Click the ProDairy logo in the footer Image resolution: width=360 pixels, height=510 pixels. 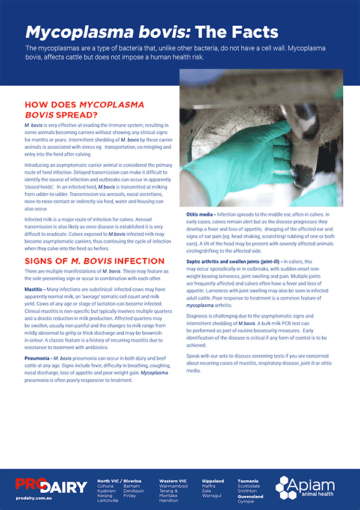click(51, 485)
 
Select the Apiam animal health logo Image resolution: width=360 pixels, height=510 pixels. click(309, 487)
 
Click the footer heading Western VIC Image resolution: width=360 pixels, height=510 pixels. click(173, 481)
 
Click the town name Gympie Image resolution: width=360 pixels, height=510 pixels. click(246, 501)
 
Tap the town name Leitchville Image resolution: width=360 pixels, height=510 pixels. click(108, 500)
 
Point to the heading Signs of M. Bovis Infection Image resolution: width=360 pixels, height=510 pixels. click(94, 261)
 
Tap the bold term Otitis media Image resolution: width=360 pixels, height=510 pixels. click(199, 214)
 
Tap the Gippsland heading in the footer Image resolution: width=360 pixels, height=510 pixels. click(212, 481)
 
